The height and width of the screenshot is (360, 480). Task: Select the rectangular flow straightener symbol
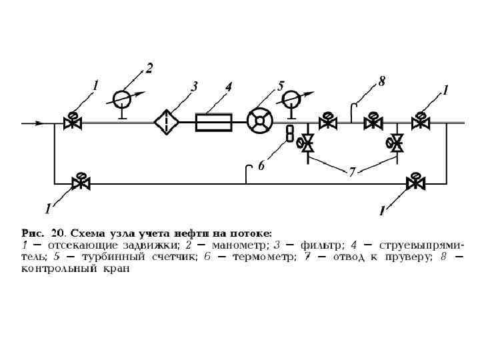213,123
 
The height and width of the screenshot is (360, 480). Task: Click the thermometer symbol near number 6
290,133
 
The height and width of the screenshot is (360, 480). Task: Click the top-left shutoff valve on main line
71,122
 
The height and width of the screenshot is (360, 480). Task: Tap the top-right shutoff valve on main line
420,122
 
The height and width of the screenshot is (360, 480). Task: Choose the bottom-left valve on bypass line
81,181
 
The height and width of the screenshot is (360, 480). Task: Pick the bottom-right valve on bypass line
417,181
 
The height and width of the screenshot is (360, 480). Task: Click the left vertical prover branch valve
307,142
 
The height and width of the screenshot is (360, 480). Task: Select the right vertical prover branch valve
396,142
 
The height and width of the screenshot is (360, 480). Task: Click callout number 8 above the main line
381,81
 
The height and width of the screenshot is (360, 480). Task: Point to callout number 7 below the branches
352,172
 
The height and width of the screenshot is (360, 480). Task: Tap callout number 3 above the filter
194,86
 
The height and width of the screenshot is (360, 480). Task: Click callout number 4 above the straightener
228,86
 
